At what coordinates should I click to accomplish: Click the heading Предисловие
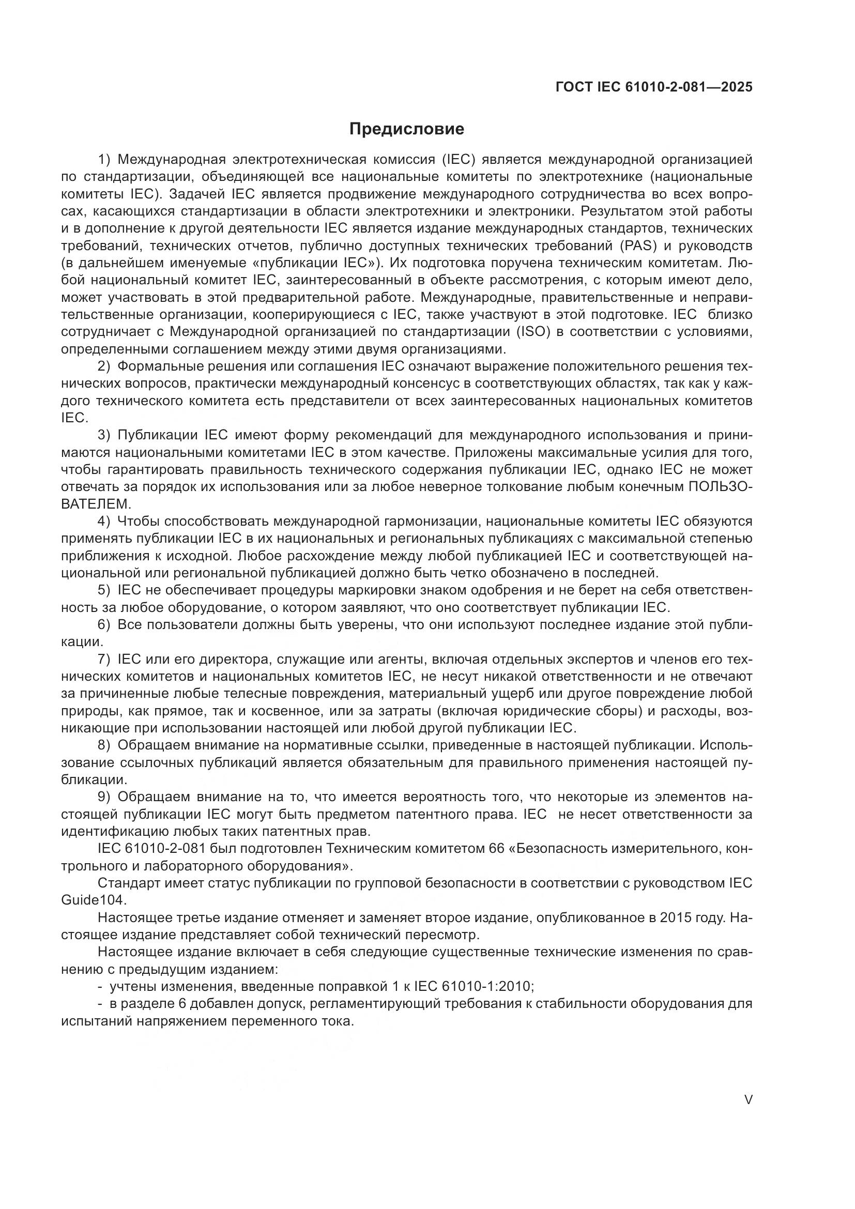(406, 129)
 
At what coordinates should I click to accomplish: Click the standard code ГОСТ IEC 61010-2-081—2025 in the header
(654, 87)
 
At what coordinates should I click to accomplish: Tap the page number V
(748, 1100)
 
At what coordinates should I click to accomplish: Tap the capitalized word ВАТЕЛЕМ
(96, 504)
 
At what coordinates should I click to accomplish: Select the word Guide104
(94, 901)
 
